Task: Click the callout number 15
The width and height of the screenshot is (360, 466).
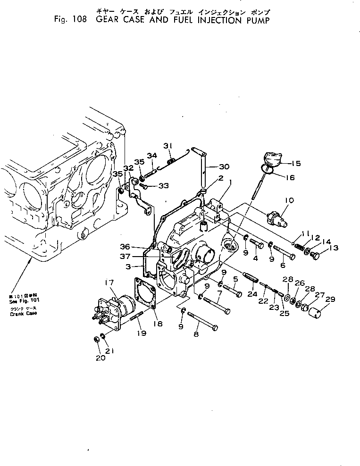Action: coord(296,164)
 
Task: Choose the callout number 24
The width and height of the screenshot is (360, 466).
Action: coord(252,294)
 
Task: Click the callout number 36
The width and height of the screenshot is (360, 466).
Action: coord(138,247)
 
